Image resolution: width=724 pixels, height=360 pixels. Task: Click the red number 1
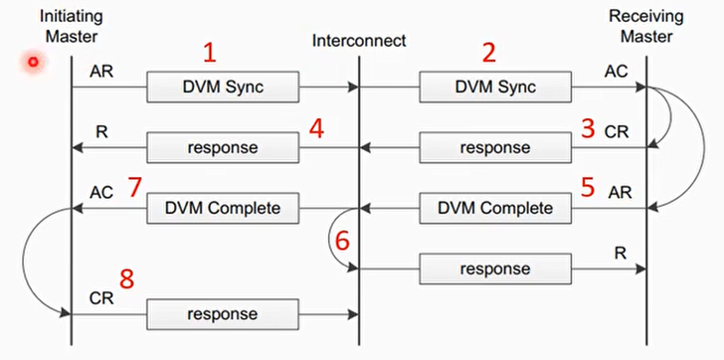[x=209, y=53]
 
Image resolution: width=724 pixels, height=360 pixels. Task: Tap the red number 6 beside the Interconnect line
[x=341, y=240]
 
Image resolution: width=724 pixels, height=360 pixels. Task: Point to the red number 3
[x=587, y=127]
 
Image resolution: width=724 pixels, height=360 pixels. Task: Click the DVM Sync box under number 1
[x=224, y=87]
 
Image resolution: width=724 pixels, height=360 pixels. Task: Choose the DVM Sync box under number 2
[x=495, y=87]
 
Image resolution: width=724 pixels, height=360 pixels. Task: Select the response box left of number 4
[x=224, y=148]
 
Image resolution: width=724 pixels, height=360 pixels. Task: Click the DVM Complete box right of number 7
[x=224, y=209]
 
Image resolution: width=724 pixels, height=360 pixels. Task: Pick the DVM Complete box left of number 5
[x=495, y=209]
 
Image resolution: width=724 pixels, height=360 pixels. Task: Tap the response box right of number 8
[x=224, y=314]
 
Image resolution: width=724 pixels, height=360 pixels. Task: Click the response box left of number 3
[x=495, y=148]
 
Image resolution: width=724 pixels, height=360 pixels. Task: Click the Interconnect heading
[x=359, y=41]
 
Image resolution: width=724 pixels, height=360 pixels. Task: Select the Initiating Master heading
[x=72, y=27]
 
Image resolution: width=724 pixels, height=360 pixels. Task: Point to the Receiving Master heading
[x=647, y=27]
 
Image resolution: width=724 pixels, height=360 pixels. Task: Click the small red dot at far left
[x=33, y=62]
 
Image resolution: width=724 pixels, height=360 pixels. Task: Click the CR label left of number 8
[x=101, y=296]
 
